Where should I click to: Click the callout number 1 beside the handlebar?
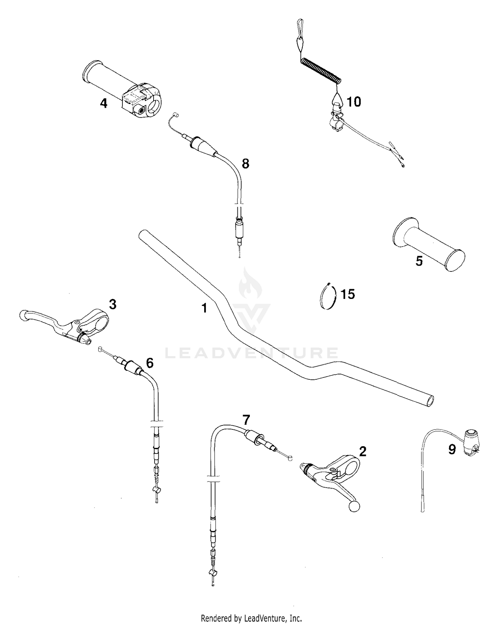(204, 308)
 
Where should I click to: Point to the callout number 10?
(353, 101)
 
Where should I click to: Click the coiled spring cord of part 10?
(321, 71)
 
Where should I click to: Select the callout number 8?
(245, 164)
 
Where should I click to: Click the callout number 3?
(113, 304)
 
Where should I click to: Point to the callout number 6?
(150, 362)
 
